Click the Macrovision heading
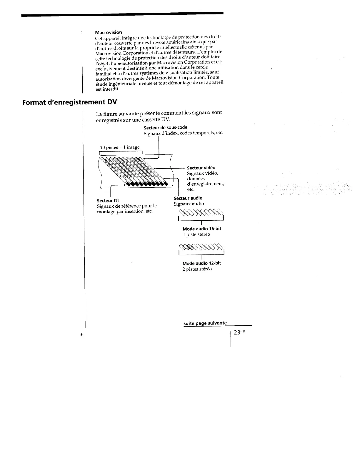pyautogui.click(x=108, y=32)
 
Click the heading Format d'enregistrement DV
pyautogui.click(x=69, y=102)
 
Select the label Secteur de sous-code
pyautogui.click(x=165, y=127)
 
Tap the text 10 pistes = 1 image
pyautogui.click(x=120, y=147)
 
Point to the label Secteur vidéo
pyautogui.click(x=201, y=168)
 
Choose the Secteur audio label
pyautogui.click(x=188, y=198)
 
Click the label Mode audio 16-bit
pyautogui.click(x=202, y=229)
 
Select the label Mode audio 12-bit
pyautogui.click(x=202, y=263)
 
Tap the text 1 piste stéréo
pyautogui.click(x=196, y=234)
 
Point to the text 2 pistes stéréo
pyautogui.click(x=197, y=269)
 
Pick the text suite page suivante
pyautogui.click(x=205, y=323)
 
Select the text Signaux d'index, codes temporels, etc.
pyautogui.click(x=183, y=133)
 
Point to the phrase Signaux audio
pyautogui.click(x=189, y=204)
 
